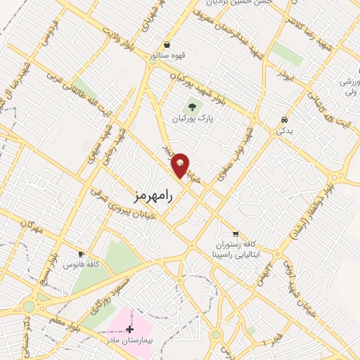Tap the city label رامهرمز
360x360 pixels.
coord(151,194)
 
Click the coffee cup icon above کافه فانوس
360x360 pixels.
coord(82,254)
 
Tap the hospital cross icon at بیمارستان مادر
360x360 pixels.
coord(130,328)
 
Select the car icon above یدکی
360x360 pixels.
coord(283,120)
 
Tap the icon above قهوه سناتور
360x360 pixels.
coord(166,44)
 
